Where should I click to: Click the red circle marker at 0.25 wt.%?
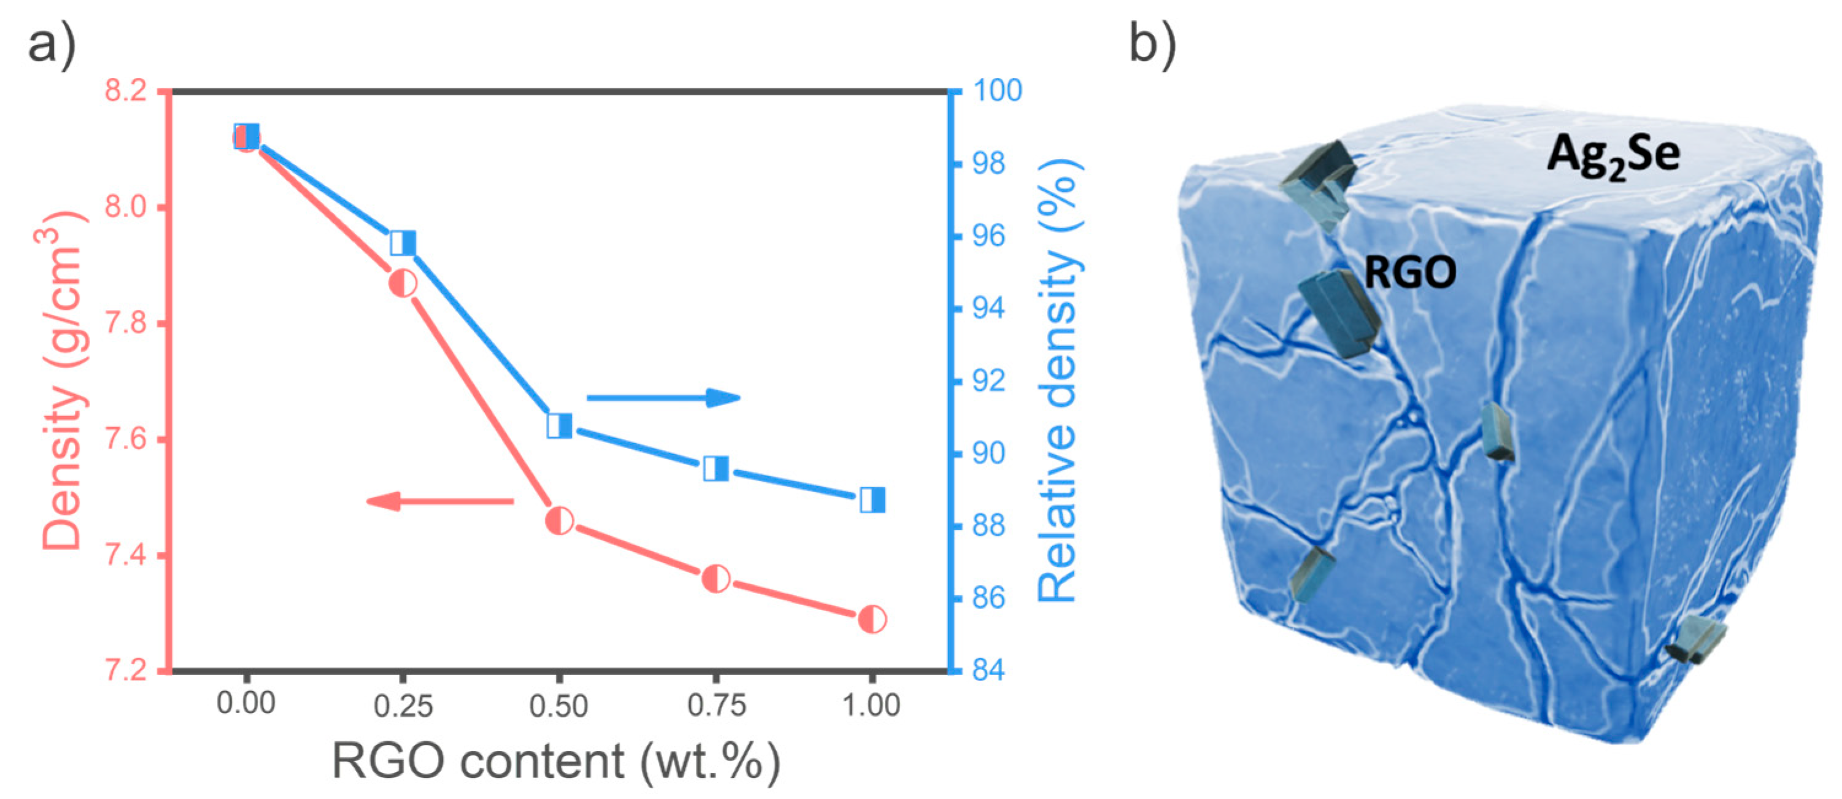click(x=403, y=284)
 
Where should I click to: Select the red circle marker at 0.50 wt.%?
click(x=559, y=521)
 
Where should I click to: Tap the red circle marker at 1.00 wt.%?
click(x=873, y=619)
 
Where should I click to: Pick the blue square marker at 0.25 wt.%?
click(x=403, y=243)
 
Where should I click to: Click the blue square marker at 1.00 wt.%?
click(x=873, y=500)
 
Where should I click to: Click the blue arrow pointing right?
click(x=663, y=398)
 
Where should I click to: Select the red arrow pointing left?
click(x=440, y=501)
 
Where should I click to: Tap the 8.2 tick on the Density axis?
click(x=126, y=91)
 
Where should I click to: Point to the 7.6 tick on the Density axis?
click(x=126, y=439)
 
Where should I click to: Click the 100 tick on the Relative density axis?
click(x=998, y=91)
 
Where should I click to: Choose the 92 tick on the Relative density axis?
click(x=989, y=380)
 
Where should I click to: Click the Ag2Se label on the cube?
click(x=1613, y=156)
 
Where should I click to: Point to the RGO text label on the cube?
click(x=1409, y=272)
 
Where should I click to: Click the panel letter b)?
click(x=1152, y=44)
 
